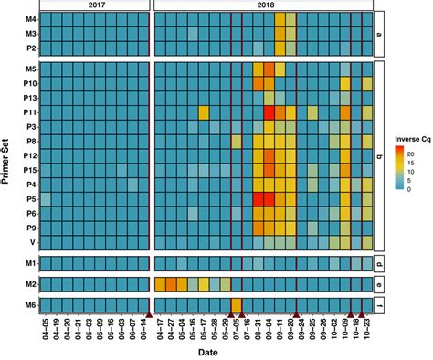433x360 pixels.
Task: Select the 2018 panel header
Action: click(264, 5)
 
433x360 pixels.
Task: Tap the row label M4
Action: click(31, 18)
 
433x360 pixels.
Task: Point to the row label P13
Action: click(29, 97)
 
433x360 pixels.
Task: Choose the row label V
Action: click(34, 242)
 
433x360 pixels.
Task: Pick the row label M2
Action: click(31, 284)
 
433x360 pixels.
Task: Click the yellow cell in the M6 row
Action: click(237, 305)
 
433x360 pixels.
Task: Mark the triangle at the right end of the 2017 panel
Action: click(148, 315)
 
